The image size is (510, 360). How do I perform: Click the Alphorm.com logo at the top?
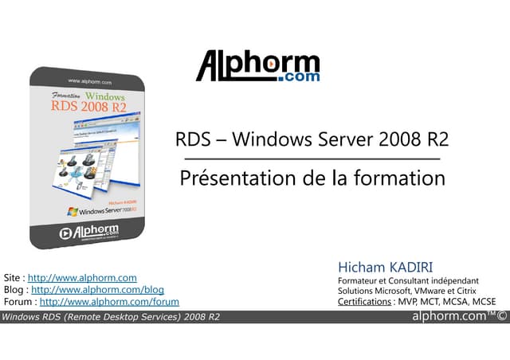(258, 67)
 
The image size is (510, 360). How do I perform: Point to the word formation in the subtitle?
(401, 178)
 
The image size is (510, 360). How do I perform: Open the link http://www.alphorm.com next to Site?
(82, 277)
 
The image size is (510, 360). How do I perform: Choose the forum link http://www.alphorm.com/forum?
(109, 302)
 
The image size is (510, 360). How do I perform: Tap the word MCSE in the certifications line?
(483, 302)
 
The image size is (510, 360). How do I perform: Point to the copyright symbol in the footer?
(502, 317)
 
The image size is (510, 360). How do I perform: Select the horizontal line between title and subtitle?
(312, 159)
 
